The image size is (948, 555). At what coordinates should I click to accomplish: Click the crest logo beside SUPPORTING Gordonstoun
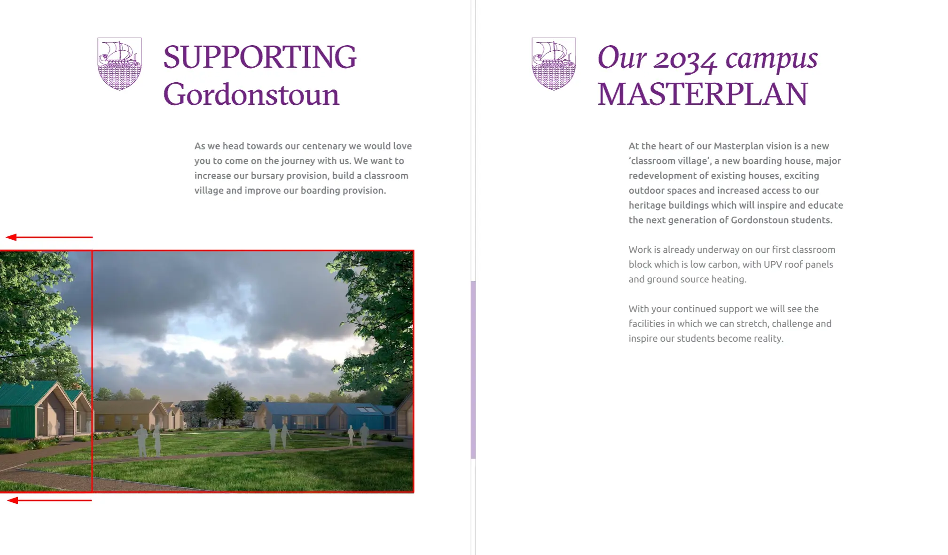coord(119,63)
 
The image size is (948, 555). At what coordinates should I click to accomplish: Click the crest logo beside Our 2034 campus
coord(554,63)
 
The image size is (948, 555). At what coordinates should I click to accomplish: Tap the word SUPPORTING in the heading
coord(260,57)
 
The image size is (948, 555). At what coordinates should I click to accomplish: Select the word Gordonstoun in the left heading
coord(251,94)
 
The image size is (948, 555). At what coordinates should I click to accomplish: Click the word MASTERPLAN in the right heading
coord(702,94)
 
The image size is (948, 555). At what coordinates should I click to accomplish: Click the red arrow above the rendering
coord(49,237)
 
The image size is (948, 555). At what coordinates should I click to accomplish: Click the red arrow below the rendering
coord(49,500)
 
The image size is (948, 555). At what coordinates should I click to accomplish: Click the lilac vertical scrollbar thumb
coord(473,369)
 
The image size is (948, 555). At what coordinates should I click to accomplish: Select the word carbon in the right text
coord(726,265)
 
